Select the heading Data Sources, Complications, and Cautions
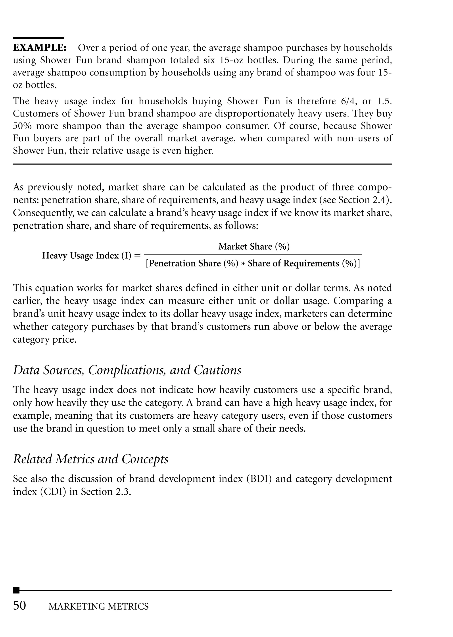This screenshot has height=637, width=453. coord(127,370)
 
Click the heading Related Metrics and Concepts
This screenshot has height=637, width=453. coord(91,459)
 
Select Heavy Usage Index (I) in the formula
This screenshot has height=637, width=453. coord(86,256)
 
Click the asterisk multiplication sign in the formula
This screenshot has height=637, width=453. coord(243,264)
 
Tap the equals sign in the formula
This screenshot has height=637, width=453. coord(137,256)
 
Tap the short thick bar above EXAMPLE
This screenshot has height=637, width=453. coord(38,38)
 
